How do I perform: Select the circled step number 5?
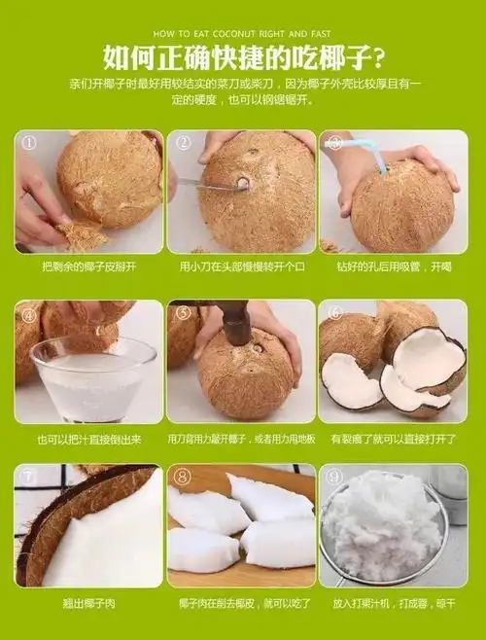[x=182, y=312]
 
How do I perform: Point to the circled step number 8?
[x=182, y=478]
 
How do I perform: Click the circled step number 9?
[x=333, y=478]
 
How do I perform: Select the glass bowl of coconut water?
[x=92, y=379]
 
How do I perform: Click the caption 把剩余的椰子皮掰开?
[x=89, y=266]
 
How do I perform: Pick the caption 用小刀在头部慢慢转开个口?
[x=241, y=266]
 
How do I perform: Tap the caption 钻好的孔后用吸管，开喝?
[x=394, y=266]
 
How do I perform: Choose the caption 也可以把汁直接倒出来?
[x=89, y=439]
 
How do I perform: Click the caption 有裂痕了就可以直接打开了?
[x=394, y=439]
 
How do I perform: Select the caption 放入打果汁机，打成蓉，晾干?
[x=394, y=604]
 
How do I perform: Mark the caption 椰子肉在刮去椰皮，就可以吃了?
[x=241, y=604]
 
